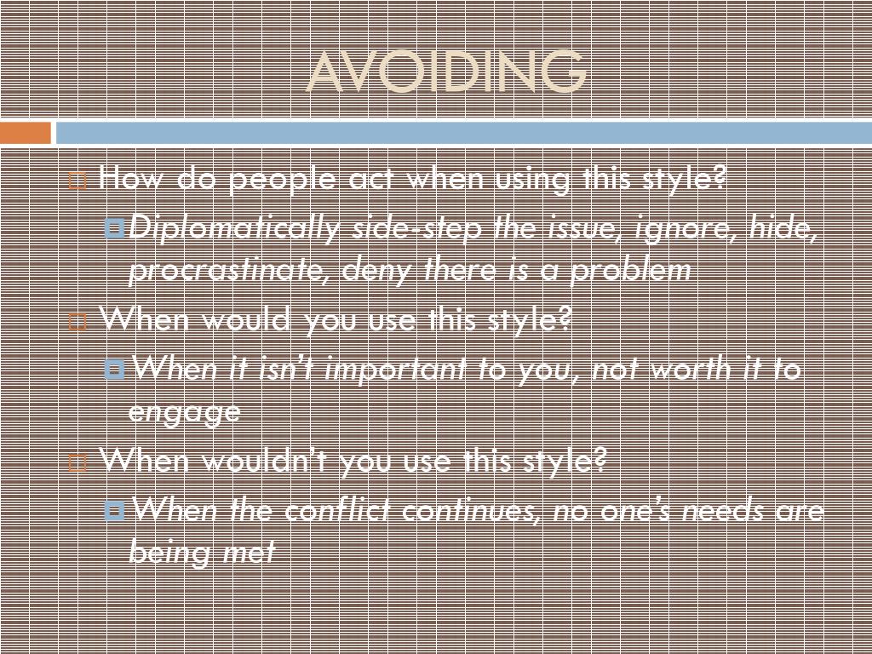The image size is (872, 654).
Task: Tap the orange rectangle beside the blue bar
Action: (x=26, y=133)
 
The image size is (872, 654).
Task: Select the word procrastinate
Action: (x=230, y=271)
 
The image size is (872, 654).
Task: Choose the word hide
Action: (x=783, y=228)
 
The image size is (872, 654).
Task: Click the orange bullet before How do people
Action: (x=77, y=181)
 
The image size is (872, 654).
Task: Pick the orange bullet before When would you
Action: (x=77, y=323)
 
